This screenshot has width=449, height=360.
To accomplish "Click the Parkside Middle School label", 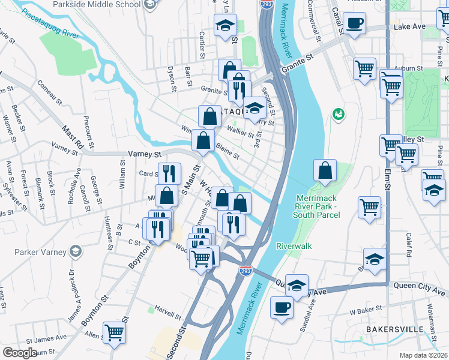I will pyautogui.click(x=104, y=4).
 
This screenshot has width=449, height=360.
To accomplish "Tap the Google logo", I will pyautogui.click(x=19, y=353).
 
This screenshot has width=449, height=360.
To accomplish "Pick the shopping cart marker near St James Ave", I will pyautogui.click(x=113, y=331).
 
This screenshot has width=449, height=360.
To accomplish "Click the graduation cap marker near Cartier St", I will pyautogui.click(x=225, y=25).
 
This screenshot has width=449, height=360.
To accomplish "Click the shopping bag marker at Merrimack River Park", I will pyautogui.click(x=325, y=170).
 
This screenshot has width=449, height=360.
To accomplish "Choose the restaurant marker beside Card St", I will pyautogui.click(x=169, y=173).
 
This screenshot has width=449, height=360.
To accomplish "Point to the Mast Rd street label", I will pyautogui.click(x=72, y=134).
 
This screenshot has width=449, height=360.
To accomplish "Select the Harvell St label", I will pyautogui.click(x=168, y=314).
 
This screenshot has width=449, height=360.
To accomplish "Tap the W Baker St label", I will pyautogui.click(x=364, y=313).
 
